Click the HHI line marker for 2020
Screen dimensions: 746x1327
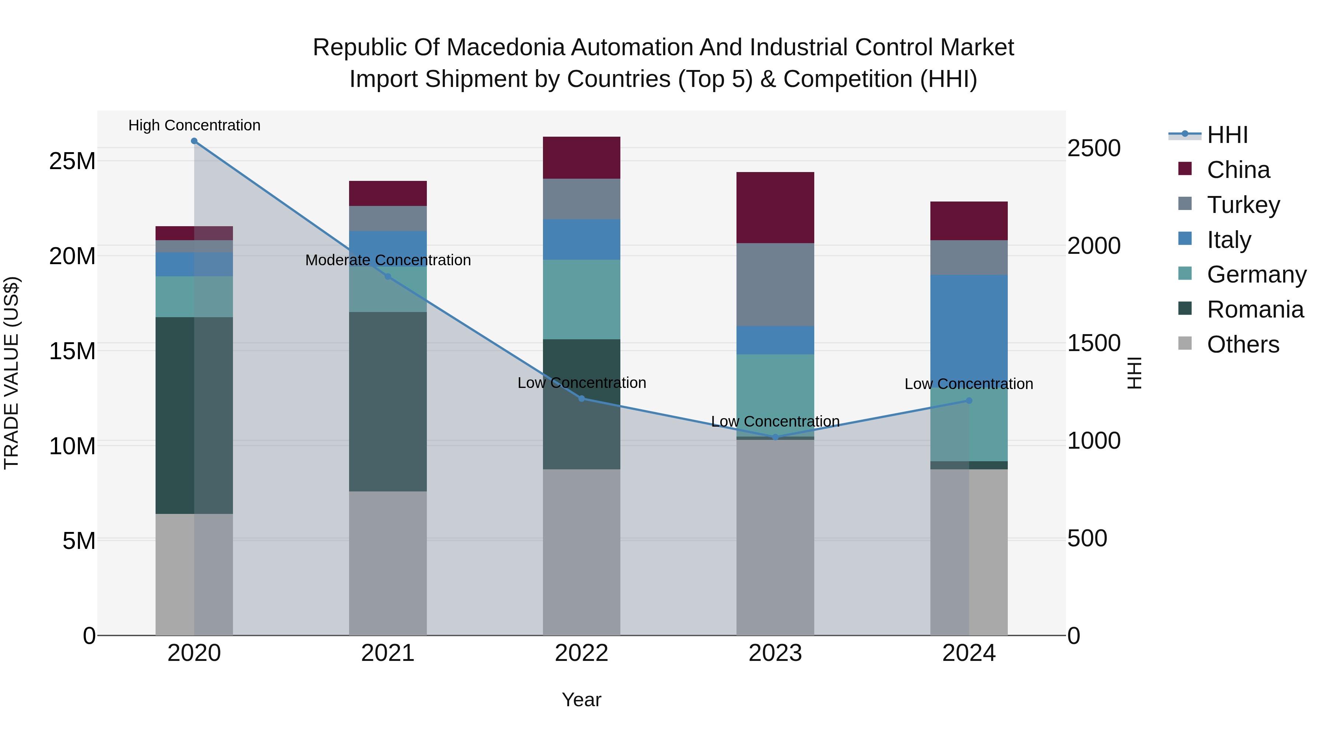(194, 141)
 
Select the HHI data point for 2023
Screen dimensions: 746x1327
(775, 437)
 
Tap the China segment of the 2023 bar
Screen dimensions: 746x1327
(775, 207)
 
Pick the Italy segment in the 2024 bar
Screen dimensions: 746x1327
(969, 329)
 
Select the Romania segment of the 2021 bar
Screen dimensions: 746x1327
(388, 402)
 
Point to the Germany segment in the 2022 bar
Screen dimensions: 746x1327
(582, 299)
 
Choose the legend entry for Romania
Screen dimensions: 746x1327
(1255, 309)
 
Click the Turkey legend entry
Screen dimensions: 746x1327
(1243, 205)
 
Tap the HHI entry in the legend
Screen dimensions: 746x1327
(1227, 135)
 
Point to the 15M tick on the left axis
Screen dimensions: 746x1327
(72, 351)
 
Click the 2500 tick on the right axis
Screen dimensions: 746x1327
(1094, 148)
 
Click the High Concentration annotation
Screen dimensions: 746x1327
(194, 125)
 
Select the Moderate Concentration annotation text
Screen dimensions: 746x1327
(388, 260)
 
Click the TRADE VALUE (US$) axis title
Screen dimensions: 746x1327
(12, 373)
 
